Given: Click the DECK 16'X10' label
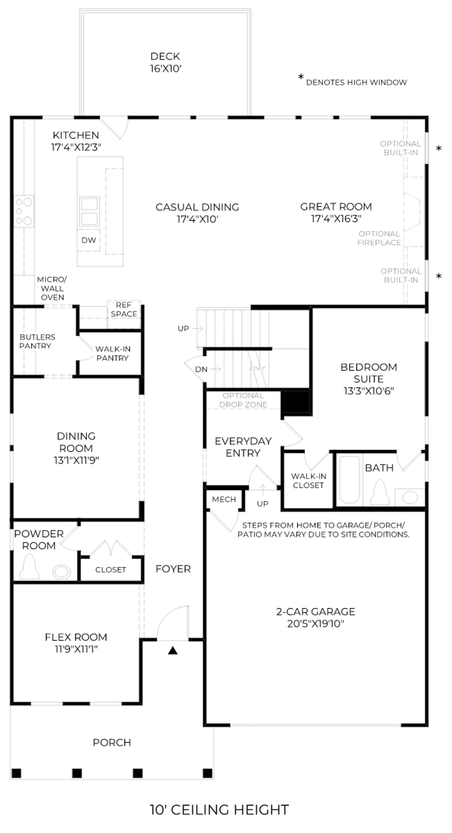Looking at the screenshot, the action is coord(165,62).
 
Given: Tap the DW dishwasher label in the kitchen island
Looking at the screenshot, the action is coord(89,240).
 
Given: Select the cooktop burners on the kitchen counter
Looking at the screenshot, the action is coord(24,211).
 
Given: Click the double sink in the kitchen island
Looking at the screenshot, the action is coord(89,211).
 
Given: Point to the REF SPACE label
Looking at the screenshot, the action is coord(124,309).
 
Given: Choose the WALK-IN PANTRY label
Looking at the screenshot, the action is coord(113,353).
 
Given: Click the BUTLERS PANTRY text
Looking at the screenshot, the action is coord(37,341).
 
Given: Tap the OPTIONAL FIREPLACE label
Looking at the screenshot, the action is coord(379,238).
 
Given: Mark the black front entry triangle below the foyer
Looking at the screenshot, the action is coord(173,650).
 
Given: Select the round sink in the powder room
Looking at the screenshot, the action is coord(61,572).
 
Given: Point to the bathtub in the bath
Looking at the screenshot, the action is coord(350,479).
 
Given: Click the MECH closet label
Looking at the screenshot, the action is coord(224,499).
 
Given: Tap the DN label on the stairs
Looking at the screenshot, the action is coord(201,369).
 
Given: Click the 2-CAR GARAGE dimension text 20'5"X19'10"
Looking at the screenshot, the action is coord(316,624).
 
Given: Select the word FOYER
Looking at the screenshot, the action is coord(173,569).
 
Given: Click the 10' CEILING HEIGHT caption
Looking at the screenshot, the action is coord(219,810).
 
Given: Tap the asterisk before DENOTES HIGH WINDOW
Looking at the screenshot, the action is coord(301,77).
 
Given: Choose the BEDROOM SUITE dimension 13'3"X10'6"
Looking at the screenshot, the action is coord(369,391).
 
